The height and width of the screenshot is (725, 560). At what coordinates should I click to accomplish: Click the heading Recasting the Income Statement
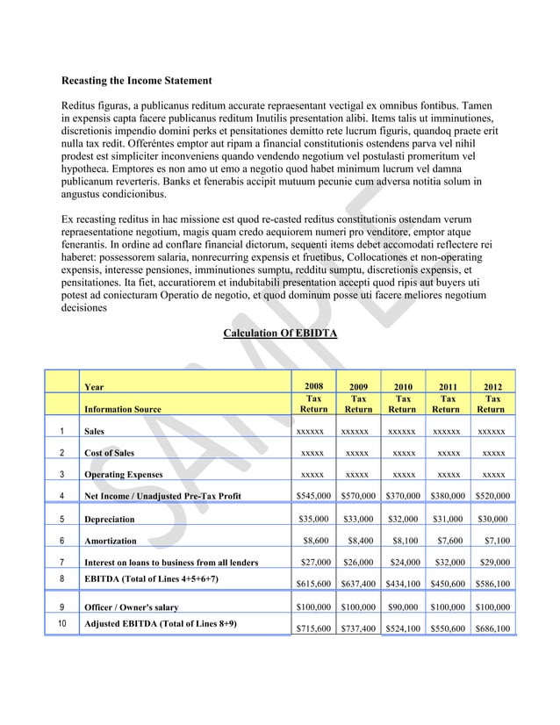pos(135,82)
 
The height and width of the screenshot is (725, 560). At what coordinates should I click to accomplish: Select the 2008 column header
pos(313,386)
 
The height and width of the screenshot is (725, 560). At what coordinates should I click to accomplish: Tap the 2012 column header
pos(492,386)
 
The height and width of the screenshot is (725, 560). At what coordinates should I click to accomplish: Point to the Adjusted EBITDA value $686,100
pos(494,629)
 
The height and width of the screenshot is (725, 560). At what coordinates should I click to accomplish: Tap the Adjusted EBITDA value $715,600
pos(315,629)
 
